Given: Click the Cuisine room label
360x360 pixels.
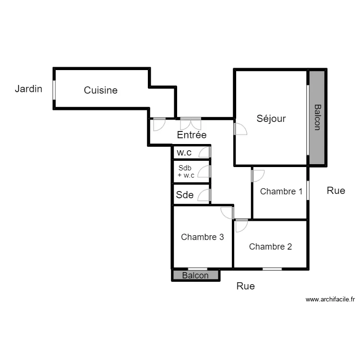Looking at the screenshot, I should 100,90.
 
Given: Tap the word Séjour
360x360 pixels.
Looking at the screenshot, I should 271,119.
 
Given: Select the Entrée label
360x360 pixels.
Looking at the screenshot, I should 192,135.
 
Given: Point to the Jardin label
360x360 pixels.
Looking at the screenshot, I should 28,89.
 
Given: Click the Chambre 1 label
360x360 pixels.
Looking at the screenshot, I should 281,192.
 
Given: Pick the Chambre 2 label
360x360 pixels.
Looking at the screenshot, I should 270,247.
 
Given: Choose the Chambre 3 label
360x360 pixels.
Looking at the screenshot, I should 202,237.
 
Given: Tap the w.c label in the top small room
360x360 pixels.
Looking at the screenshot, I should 185,153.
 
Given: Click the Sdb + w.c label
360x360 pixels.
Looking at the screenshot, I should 186,172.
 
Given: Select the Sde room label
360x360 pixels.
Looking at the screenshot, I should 185,195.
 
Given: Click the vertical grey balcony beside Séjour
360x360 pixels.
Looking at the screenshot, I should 317,118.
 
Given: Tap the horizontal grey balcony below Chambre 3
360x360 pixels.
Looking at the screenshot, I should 195,276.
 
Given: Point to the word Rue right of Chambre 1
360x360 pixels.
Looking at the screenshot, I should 336,191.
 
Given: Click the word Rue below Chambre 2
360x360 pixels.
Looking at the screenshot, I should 245,287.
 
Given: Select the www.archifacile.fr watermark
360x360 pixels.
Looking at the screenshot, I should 330,300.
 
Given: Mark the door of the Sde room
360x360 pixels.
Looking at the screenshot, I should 204,195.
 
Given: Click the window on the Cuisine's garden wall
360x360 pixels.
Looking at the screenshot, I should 54,89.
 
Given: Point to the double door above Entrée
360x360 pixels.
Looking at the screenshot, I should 191,123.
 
